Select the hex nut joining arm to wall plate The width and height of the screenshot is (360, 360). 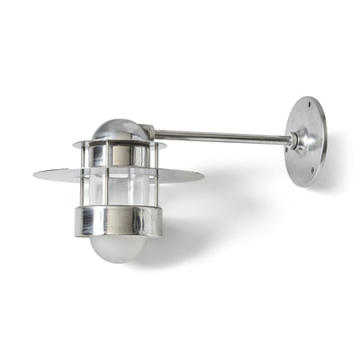click(x=292, y=140)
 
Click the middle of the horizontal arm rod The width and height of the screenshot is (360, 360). click(x=220, y=137)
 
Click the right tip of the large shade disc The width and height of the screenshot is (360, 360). click(x=203, y=175)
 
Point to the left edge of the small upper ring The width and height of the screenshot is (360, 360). click(x=75, y=144)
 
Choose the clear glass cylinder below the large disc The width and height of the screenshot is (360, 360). click(x=119, y=192)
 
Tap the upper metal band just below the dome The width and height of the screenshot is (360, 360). click(x=118, y=154)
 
